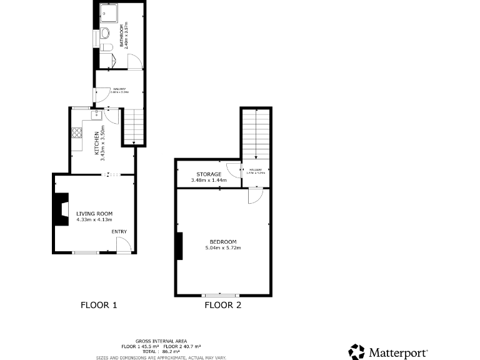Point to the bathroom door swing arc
coord(134,59)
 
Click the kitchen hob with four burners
coord(77,132)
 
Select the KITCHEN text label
coord(96,143)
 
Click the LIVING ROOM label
coord(94,214)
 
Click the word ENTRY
coord(119,232)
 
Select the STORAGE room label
coord(209,174)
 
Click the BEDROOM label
coord(223,242)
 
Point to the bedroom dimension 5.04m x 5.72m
coord(223,248)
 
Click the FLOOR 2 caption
coord(223,306)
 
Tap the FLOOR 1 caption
coord(99,306)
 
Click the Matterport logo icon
coord(356,352)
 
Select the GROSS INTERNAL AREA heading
coord(161,341)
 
